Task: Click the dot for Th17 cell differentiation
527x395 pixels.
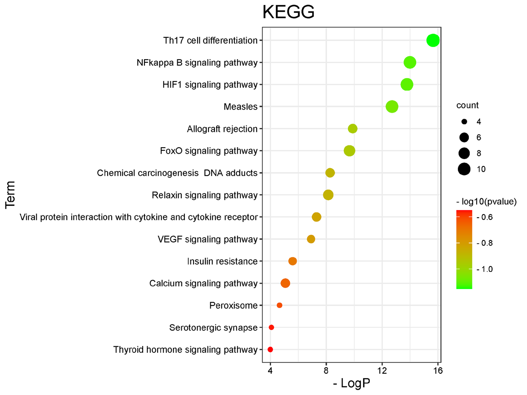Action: [433, 40]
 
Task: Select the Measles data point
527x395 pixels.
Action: [392, 107]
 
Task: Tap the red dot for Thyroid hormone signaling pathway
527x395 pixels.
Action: [270, 350]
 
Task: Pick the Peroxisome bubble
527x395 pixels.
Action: [279, 305]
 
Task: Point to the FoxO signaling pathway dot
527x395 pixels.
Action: [349, 151]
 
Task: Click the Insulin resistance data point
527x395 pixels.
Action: [293, 261]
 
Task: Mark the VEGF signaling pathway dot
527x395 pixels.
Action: [311, 239]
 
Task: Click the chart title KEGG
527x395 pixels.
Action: [288, 12]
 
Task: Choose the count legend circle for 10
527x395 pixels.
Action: [464, 169]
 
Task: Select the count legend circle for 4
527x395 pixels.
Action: [464, 122]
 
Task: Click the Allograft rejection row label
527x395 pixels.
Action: [222, 129]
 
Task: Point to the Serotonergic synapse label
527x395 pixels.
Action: [213, 328]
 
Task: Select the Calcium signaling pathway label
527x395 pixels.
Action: [203, 284]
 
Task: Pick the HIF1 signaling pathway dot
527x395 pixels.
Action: [407, 85]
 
